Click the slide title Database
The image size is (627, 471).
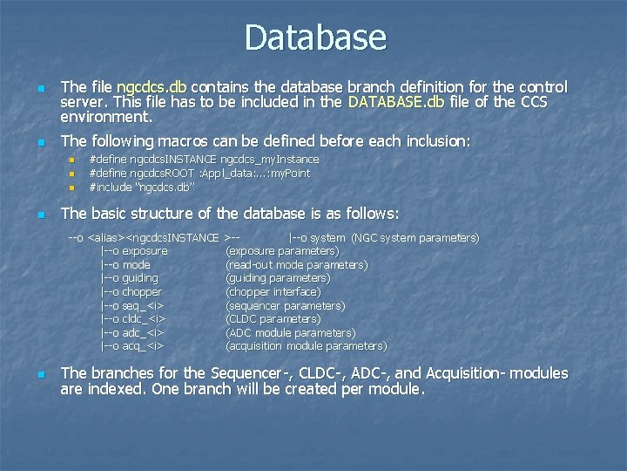coord(314,38)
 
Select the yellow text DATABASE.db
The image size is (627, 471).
coord(396,102)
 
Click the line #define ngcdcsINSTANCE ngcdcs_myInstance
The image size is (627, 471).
coord(204,160)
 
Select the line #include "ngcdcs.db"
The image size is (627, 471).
coord(141,187)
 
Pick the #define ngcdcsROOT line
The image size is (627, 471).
coord(199,173)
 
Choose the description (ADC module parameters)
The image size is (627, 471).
coord(290,332)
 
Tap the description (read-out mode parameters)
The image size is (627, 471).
coord(296,264)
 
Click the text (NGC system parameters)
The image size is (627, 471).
coord(415,237)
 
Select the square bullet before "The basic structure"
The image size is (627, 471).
coord(39,215)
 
